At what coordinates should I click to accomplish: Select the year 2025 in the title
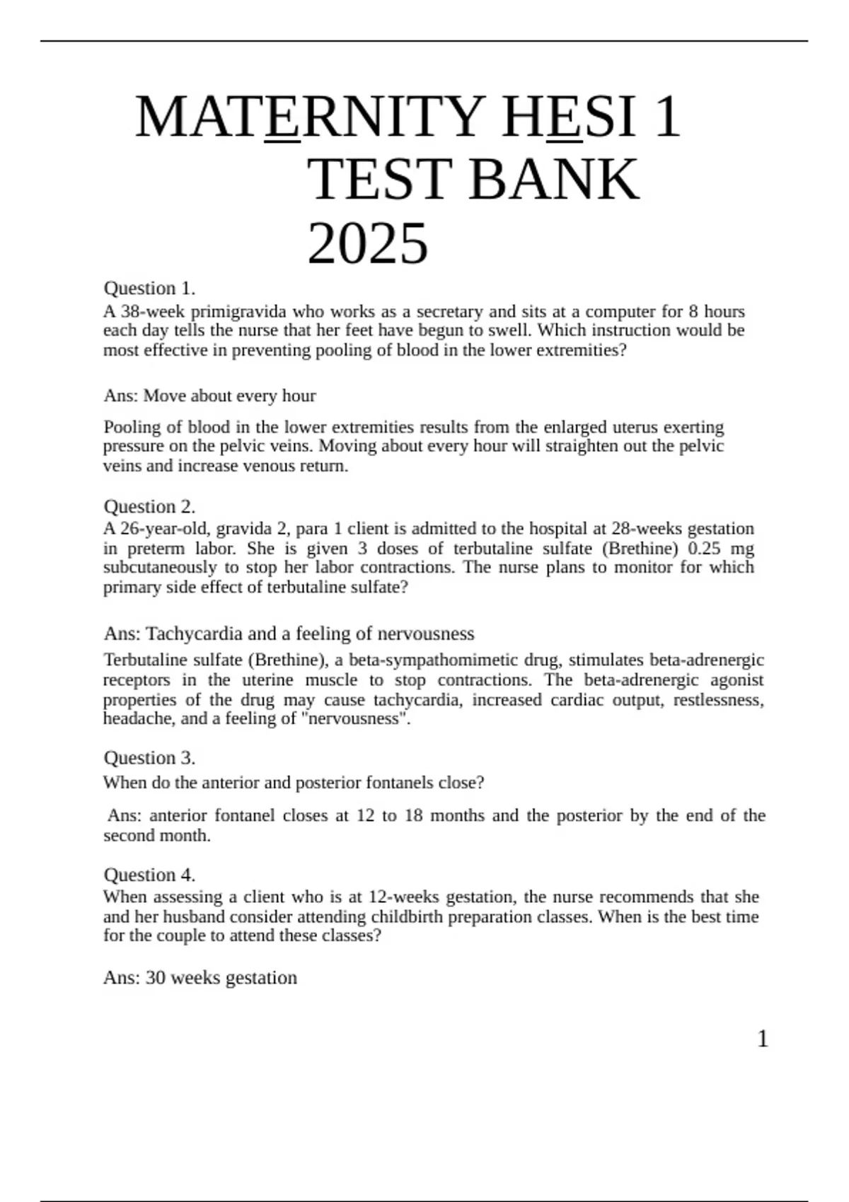click(368, 244)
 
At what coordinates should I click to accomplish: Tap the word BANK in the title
click(553, 180)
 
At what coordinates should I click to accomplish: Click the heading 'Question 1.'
click(149, 288)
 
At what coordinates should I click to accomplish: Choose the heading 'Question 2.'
click(149, 507)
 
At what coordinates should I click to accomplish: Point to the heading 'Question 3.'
click(149, 758)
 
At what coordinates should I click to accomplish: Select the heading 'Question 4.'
click(149, 875)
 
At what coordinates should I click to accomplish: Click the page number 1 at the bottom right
click(763, 1039)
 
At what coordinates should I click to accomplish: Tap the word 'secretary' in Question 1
click(449, 312)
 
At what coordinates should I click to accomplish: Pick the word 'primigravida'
click(238, 312)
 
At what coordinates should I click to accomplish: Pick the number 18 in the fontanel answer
click(413, 816)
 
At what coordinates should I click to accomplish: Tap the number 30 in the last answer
click(156, 978)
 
